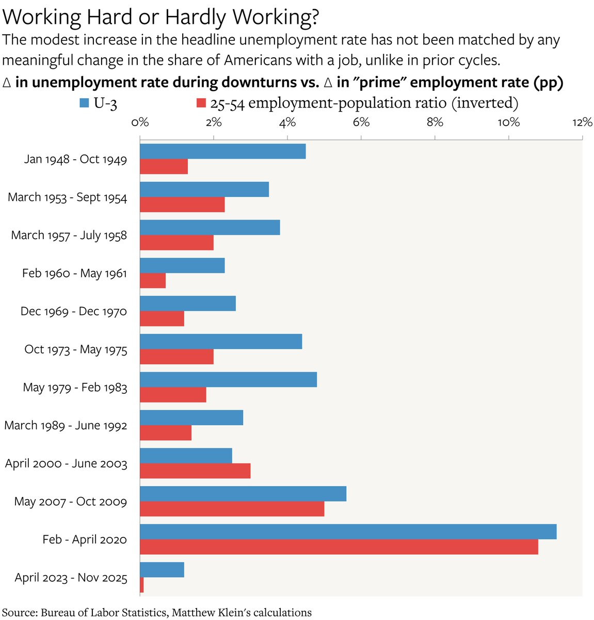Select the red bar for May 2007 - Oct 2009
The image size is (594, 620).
[x=232, y=509]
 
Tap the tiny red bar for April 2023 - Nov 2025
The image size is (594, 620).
[x=142, y=585]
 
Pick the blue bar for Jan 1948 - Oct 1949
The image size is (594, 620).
[x=222, y=151]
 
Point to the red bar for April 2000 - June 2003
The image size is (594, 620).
[x=195, y=471]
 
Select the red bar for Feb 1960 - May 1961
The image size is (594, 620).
[x=153, y=281]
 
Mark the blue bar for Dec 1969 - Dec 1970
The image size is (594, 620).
[x=188, y=303]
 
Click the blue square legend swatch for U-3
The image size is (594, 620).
[x=85, y=103]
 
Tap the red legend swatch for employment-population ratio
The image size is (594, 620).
[x=202, y=103]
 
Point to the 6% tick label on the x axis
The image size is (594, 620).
[x=361, y=122]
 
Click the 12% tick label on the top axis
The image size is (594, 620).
[x=582, y=122]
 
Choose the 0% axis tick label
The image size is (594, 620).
[x=140, y=122]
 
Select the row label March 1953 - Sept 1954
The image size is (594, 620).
[x=67, y=197]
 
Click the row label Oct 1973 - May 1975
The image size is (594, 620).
[x=75, y=350]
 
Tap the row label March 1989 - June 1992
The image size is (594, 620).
[x=66, y=426]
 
